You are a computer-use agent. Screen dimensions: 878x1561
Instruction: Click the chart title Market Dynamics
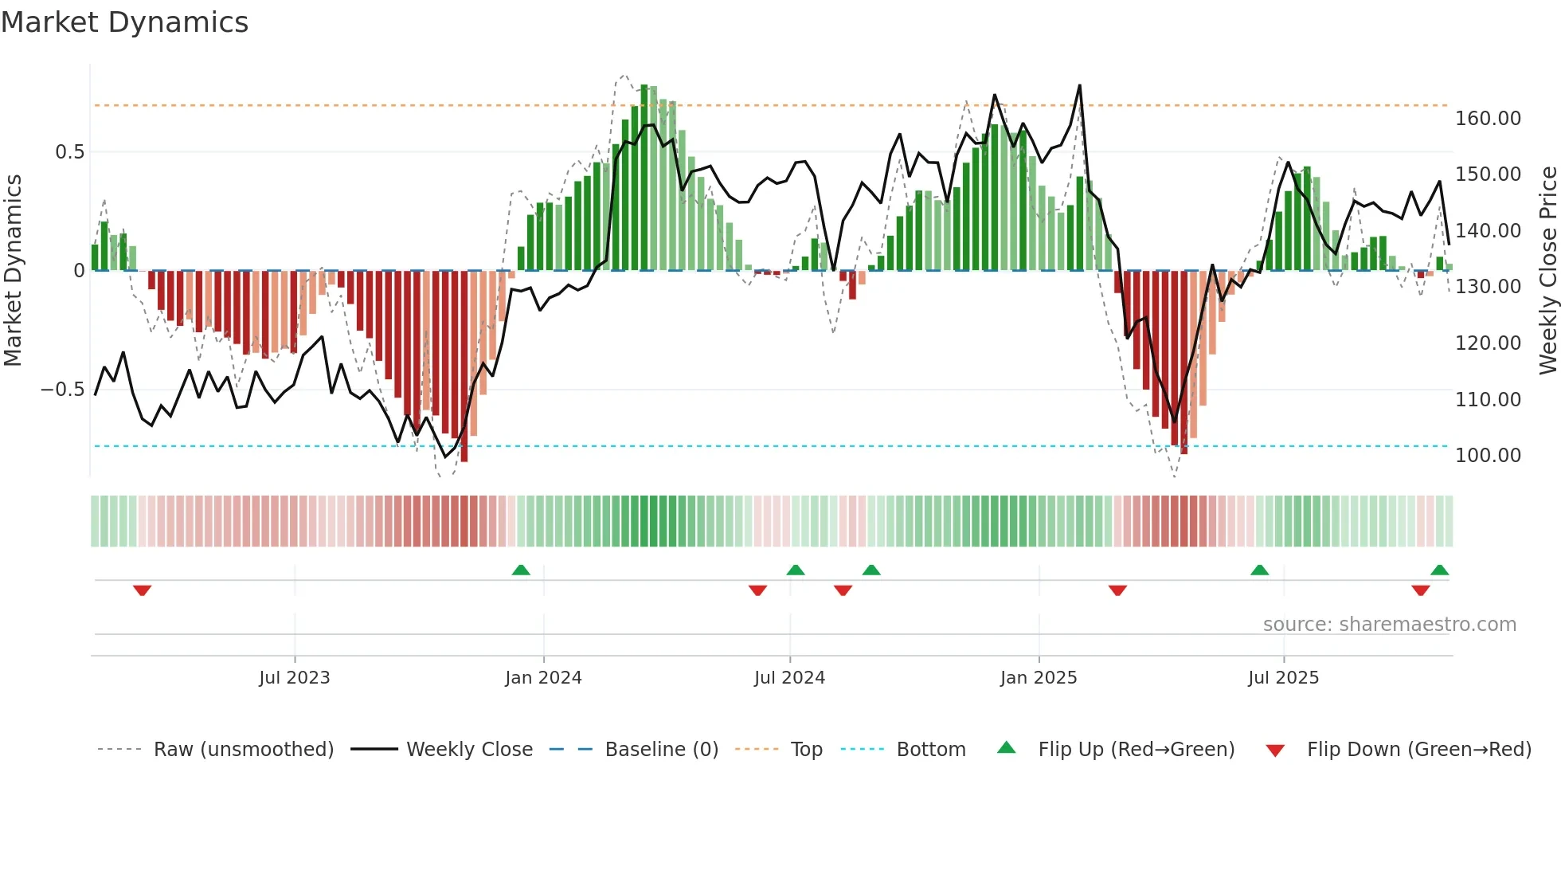pyautogui.click(x=124, y=22)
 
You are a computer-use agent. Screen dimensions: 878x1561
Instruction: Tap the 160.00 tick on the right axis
pyautogui.click(x=1488, y=119)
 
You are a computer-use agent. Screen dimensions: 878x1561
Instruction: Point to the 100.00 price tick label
pyautogui.click(x=1488, y=456)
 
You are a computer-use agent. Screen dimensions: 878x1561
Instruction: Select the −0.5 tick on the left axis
pyautogui.click(x=62, y=390)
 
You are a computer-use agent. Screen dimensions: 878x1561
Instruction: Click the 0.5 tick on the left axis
pyautogui.click(x=69, y=152)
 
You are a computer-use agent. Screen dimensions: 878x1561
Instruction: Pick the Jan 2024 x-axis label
pyautogui.click(x=543, y=678)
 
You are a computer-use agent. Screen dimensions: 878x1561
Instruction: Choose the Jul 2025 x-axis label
pyautogui.click(x=1283, y=678)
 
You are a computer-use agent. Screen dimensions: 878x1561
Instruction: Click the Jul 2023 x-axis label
pyautogui.click(x=294, y=678)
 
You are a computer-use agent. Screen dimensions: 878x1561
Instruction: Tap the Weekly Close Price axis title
pyautogui.click(x=1547, y=270)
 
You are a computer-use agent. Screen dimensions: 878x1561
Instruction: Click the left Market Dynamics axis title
pyautogui.click(x=13, y=270)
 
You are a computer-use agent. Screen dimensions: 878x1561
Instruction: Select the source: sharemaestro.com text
pyautogui.click(x=1389, y=625)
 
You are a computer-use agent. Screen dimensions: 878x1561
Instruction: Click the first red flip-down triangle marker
pyautogui.click(x=143, y=590)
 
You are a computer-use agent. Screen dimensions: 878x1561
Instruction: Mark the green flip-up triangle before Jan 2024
pyautogui.click(x=521, y=570)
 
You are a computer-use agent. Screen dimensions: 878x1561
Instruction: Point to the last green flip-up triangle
pyautogui.click(x=1439, y=570)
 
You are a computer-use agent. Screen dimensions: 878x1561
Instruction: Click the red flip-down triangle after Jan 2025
pyautogui.click(x=1117, y=590)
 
